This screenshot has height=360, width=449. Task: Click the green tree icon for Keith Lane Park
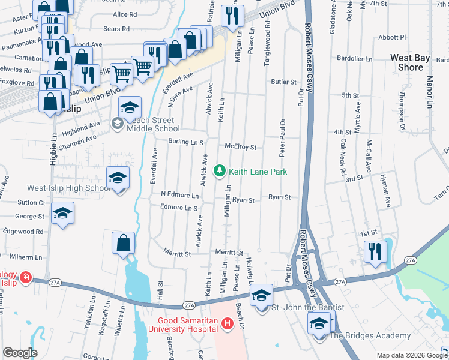220,172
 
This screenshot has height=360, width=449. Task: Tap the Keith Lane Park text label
258,172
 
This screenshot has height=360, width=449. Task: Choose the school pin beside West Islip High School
118,178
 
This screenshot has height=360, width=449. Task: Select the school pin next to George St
63,214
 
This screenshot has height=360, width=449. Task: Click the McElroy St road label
240,146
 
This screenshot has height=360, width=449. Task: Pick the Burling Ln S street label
186,143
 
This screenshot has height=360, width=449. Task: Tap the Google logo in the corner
20,353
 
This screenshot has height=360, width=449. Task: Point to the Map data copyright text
411,355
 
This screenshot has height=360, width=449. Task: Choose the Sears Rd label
116,29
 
